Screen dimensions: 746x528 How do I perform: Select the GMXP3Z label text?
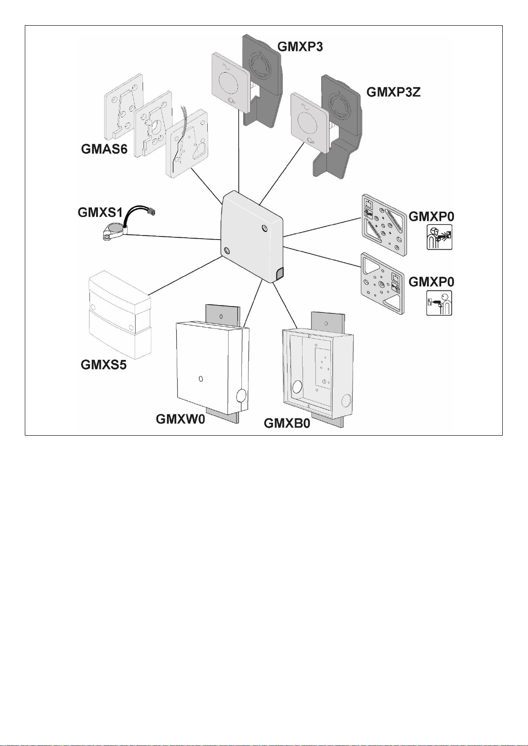point(393,92)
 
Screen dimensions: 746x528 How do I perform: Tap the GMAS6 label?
point(104,149)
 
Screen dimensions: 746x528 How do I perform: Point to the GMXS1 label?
point(100,213)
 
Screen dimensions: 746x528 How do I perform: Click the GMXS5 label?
point(104,365)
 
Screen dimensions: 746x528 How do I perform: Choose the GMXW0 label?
point(180,419)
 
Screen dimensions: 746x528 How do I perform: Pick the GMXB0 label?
point(287,423)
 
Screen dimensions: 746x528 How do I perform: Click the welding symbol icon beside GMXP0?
point(439,237)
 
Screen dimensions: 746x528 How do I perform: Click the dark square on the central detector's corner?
point(280,274)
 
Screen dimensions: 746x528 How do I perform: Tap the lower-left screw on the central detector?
point(227,251)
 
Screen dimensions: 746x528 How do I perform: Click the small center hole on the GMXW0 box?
point(201,379)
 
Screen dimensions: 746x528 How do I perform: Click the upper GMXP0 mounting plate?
point(384,224)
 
